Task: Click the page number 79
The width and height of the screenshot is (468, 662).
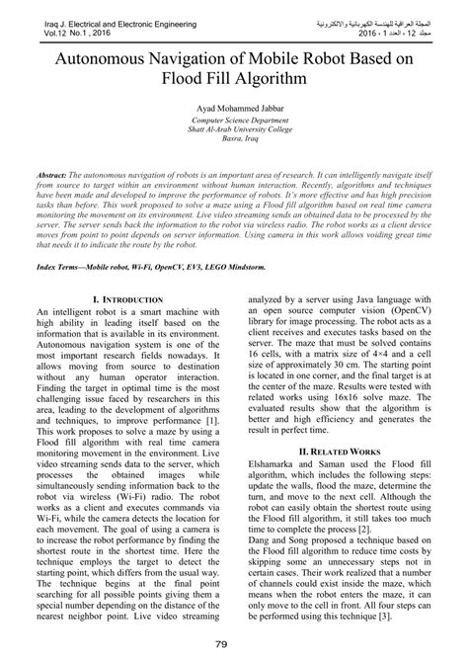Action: click(234, 646)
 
